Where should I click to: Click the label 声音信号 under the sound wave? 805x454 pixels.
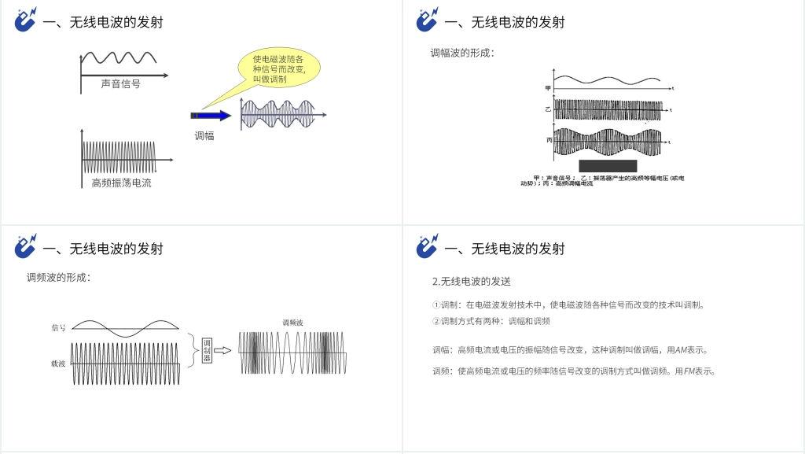[x=120, y=83]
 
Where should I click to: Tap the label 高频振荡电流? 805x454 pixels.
[x=121, y=183]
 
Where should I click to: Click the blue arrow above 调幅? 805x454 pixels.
[x=211, y=116]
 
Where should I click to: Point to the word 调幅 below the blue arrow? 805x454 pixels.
[x=204, y=136]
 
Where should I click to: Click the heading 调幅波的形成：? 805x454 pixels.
[x=462, y=53]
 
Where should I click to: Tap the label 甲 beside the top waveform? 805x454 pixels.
[x=548, y=87]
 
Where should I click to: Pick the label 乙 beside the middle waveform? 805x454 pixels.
[x=548, y=109]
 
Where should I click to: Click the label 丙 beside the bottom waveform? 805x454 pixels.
[x=549, y=139]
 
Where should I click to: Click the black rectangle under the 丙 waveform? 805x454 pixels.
[x=608, y=165]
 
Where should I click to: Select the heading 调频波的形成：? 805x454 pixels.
[x=58, y=277]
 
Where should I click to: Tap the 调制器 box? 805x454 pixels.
[x=207, y=351]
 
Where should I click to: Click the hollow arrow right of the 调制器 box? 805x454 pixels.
[x=223, y=350]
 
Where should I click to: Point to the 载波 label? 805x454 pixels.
[x=58, y=364]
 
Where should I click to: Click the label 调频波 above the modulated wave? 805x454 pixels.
[x=292, y=323]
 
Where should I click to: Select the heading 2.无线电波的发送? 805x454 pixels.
[x=472, y=281]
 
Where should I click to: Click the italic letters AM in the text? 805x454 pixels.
[x=681, y=349]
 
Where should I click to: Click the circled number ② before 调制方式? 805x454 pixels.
[x=436, y=321]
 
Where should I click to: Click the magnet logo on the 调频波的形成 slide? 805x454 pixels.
[x=26, y=246]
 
